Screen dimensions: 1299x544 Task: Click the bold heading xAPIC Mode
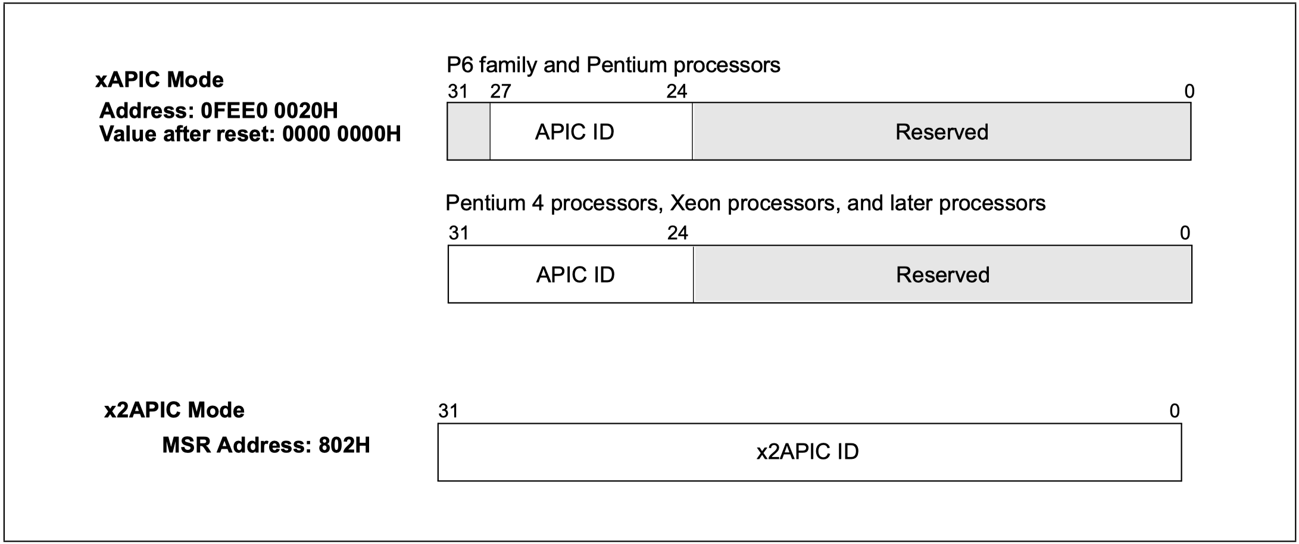tap(160, 80)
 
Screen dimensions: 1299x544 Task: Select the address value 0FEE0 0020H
tap(270, 111)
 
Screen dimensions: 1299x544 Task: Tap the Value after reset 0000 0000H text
tap(250, 135)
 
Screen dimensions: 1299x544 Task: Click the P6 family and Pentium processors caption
tap(613, 65)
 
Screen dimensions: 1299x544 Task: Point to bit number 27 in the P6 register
tap(501, 91)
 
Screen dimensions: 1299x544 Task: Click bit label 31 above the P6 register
tap(458, 91)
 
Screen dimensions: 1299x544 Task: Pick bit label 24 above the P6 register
tap(677, 91)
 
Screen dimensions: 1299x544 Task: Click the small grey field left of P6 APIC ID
tap(469, 132)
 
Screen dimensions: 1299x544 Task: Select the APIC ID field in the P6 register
tap(591, 132)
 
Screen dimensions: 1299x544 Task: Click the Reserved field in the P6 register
tap(942, 132)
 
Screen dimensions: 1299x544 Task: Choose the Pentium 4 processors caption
tap(745, 204)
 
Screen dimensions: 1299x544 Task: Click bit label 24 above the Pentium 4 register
tap(677, 233)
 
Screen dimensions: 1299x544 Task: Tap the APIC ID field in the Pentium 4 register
tap(571, 274)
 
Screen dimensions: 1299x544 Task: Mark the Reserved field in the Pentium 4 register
tap(943, 274)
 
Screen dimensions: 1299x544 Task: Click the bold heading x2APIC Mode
tap(174, 410)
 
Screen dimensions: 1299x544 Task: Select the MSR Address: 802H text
tap(266, 445)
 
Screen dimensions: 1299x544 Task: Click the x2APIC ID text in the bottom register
tap(808, 452)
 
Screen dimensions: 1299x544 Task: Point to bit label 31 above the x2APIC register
tap(448, 411)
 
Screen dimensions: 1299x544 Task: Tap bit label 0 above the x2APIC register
tap(1175, 411)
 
